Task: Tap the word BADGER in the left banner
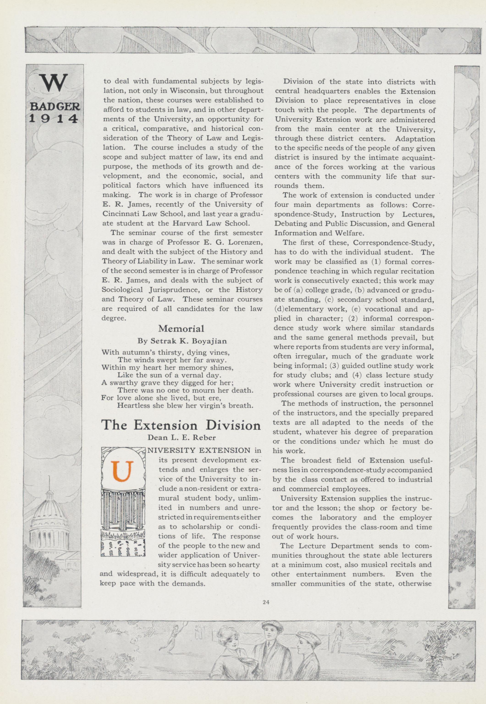55,107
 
